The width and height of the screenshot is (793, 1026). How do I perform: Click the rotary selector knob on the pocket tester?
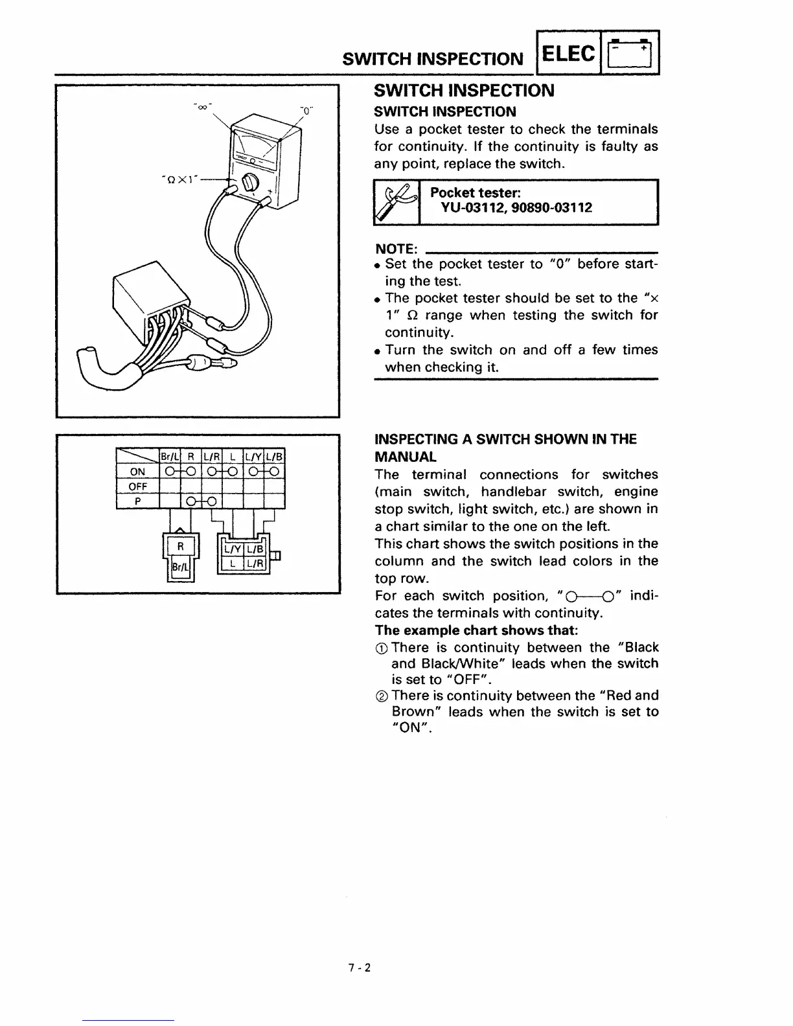pos(247,185)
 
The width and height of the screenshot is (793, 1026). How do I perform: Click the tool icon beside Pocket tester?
pos(396,202)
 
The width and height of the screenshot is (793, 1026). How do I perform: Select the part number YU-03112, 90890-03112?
pos(516,208)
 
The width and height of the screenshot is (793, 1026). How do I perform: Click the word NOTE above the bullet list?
pos(396,249)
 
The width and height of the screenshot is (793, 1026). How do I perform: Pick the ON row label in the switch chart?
pos(137,471)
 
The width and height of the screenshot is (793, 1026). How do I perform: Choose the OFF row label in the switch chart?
pos(137,486)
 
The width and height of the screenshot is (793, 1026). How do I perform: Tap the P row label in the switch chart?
pos(137,501)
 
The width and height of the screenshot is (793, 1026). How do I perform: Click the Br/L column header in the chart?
pos(170,455)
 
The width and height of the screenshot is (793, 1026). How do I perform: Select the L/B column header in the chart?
pos(275,455)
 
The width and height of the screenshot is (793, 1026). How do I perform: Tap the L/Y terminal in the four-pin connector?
pos(232,550)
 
